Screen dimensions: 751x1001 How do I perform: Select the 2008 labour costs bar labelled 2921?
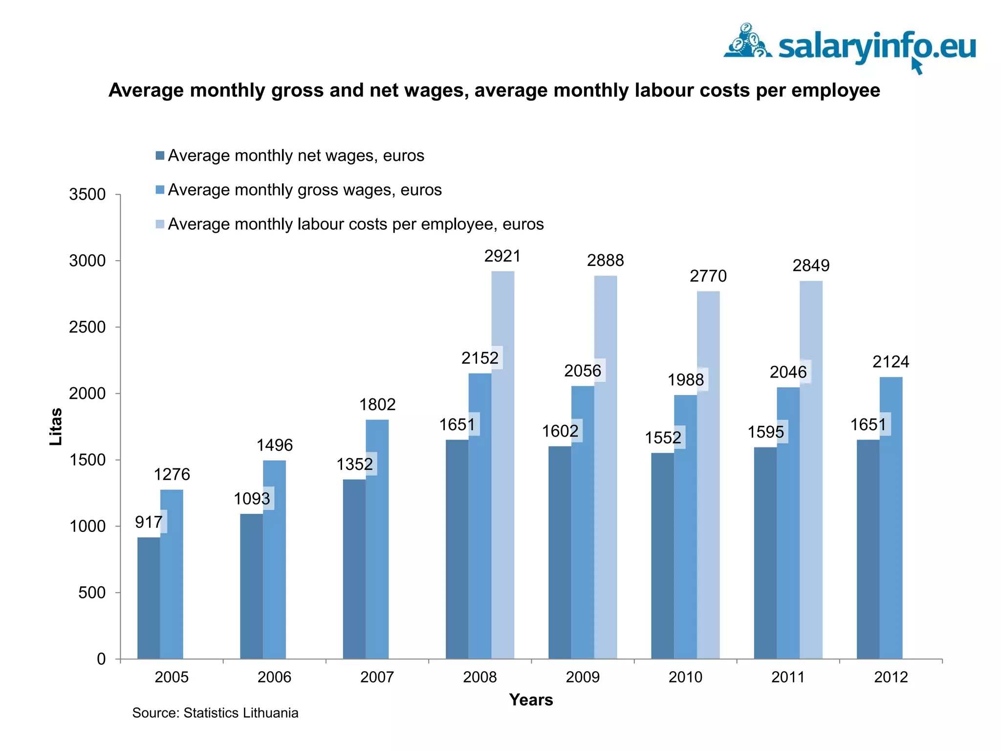click(x=502, y=464)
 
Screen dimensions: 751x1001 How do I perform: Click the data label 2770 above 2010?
click(x=708, y=276)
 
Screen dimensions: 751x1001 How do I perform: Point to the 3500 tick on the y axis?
click(x=87, y=195)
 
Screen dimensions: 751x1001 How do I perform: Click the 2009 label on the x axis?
click(x=582, y=677)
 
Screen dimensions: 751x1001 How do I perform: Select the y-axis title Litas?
click(x=56, y=426)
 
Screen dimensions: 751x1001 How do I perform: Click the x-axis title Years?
click(x=531, y=700)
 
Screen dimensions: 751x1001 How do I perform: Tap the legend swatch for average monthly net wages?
click(x=160, y=155)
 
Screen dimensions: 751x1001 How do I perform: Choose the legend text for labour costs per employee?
click(x=355, y=224)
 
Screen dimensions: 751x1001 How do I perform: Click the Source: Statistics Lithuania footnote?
click(x=215, y=713)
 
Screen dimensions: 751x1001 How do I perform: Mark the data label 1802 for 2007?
click(x=377, y=404)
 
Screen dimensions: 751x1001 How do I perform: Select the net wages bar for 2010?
click(x=662, y=555)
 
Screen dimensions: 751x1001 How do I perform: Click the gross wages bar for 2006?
click(x=274, y=559)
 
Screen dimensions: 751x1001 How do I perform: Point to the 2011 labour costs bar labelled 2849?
click(x=811, y=469)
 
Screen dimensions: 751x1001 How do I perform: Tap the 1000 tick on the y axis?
click(x=87, y=527)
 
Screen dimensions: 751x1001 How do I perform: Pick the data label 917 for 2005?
click(x=149, y=522)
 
